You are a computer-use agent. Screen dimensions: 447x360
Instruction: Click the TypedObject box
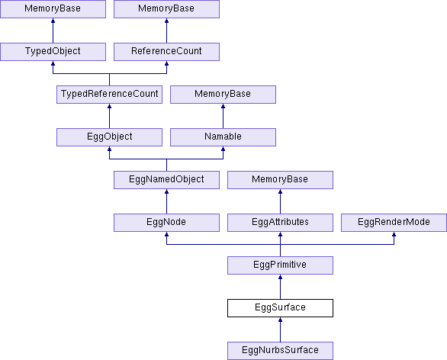pyautogui.click(x=53, y=52)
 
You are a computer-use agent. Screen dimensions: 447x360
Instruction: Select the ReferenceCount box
pyautogui.click(x=166, y=52)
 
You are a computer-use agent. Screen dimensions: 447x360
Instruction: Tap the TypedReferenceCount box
pyautogui.click(x=110, y=95)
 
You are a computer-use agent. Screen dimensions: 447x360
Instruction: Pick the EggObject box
pyautogui.click(x=110, y=137)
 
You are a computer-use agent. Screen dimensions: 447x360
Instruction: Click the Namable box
pyautogui.click(x=223, y=137)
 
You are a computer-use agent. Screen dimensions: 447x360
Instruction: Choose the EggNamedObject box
pyautogui.click(x=166, y=180)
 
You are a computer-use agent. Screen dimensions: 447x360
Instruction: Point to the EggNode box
pyautogui.click(x=166, y=223)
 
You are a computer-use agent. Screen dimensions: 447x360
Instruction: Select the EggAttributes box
pyautogui.click(x=280, y=223)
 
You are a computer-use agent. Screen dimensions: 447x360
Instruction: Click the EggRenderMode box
pyautogui.click(x=394, y=223)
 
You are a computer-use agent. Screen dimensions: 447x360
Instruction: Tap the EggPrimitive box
pyautogui.click(x=280, y=265)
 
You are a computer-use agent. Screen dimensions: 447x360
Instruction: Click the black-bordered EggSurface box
pyautogui.click(x=280, y=308)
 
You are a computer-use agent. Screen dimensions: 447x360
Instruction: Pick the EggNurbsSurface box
pyautogui.click(x=280, y=351)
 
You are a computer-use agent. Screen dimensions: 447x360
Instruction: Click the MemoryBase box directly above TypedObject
pyautogui.click(x=53, y=9)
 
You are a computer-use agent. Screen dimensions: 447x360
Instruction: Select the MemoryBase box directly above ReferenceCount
pyautogui.click(x=166, y=9)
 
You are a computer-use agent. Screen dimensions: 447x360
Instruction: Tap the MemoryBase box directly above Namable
pyautogui.click(x=223, y=95)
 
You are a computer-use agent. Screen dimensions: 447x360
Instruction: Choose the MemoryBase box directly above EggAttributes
pyautogui.click(x=280, y=180)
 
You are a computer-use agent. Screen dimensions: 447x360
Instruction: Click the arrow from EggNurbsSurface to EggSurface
pyautogui.click(x=280, y=329)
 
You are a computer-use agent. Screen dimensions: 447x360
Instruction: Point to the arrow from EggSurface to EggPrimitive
pyautogui.click(x=280, y=287)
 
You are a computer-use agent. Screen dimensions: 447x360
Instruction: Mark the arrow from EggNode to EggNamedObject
pyautogui.click(x=166, y=201)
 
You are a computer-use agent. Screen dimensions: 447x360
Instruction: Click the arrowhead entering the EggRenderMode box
pyautogui.click(x=394, y=234)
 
